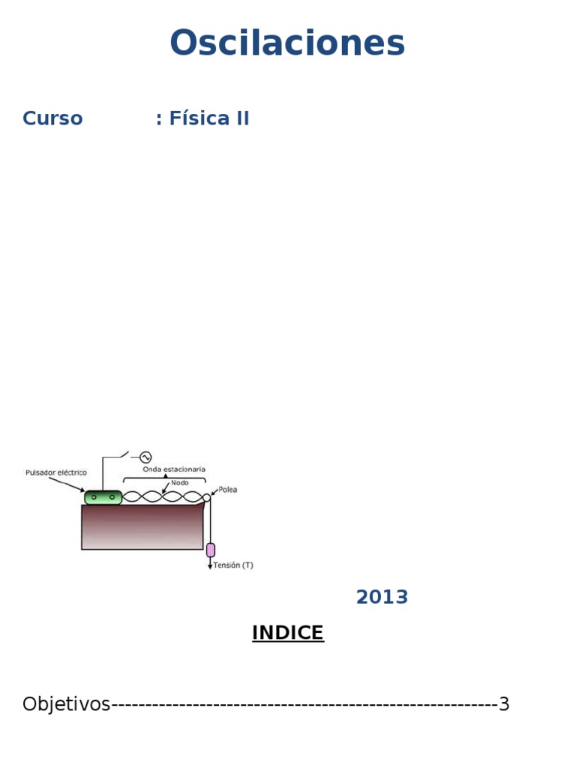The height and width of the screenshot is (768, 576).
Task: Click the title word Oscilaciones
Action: [x=287, y=43]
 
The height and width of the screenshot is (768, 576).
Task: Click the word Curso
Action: [x=52, y=118]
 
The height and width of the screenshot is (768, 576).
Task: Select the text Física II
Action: [x=209, y=118]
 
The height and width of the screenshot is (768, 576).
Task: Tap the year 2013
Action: [x=382, y=597]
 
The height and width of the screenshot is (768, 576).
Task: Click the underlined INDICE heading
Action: [x=288, y=632]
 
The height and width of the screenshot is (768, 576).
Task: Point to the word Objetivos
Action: [x=67, y=704]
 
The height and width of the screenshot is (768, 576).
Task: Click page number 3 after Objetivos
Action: [x=504, y=703]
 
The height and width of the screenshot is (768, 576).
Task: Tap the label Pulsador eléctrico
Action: [x=56, y=472]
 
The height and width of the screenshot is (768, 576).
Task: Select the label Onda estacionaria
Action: [x=174, y=469]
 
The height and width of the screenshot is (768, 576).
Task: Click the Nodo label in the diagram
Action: [x=180, y=482]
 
